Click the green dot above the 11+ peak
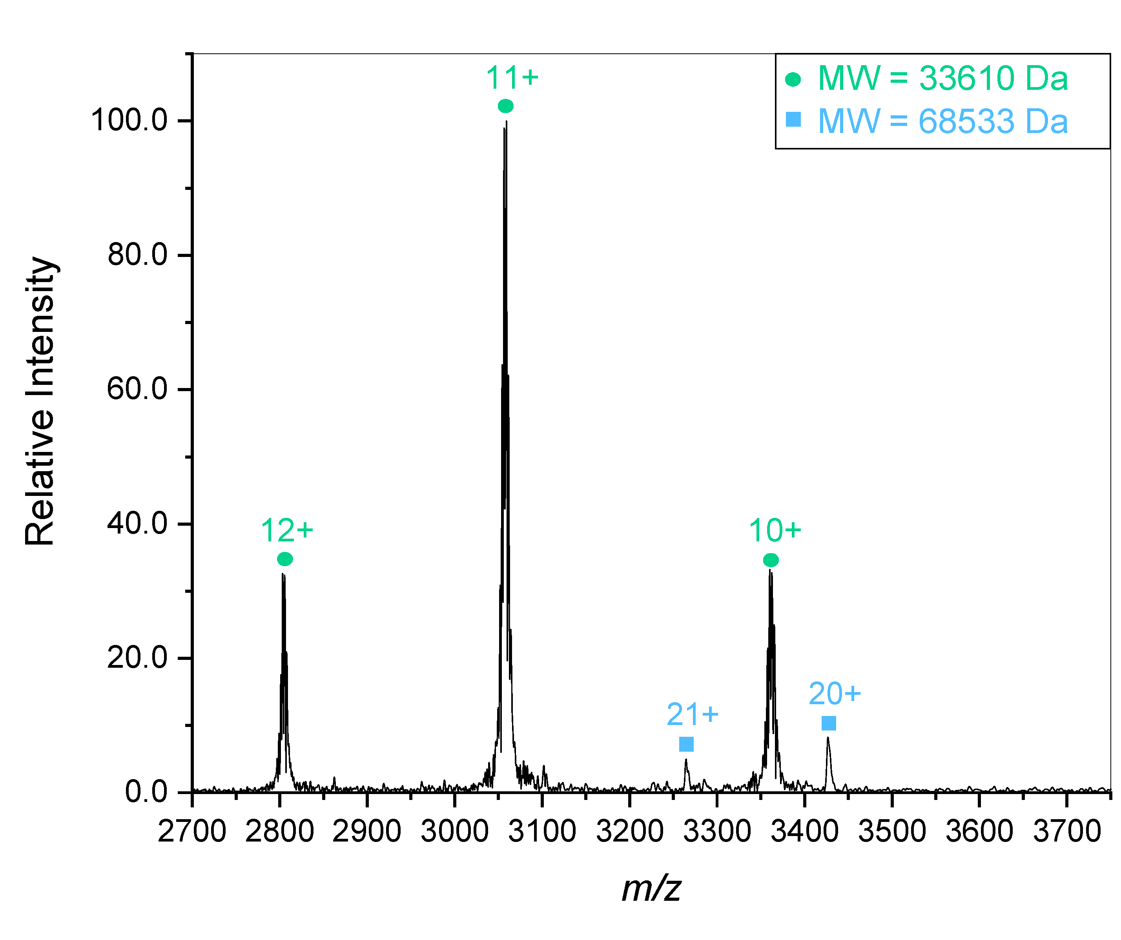tap(505, 106)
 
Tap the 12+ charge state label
tap(287, 530)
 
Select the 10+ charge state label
tap(775, 530)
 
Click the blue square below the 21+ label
tap(686, 743)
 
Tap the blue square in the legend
tap(793, 120)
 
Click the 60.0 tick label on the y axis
tap(137, 389)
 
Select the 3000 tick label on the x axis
tap(454, 831)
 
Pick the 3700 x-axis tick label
tap(1066, 831)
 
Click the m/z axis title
tap(651, 888)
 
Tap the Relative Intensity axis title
tap(40, 400)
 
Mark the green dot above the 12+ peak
tap(285, 559)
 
